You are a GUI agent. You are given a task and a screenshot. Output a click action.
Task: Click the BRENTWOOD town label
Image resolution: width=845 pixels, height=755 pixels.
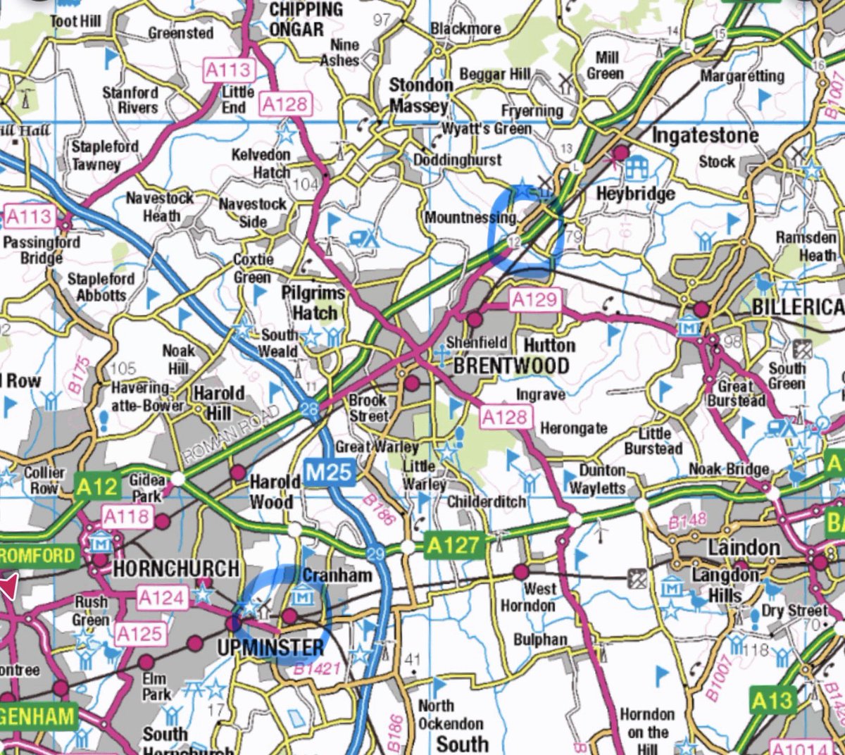[x=511, y=366]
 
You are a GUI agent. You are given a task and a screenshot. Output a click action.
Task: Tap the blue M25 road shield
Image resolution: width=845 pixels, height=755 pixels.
[x=329, y=472]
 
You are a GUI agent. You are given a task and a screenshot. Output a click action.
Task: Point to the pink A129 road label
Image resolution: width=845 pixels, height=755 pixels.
[x=534, y=299]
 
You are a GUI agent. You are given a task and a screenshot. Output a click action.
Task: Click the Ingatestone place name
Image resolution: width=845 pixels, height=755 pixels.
[x=705, y=135]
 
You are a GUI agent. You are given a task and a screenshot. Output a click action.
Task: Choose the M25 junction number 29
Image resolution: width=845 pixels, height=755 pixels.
[x=376, y=554]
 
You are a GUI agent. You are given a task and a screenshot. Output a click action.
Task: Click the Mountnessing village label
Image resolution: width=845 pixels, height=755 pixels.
[x=470, y=218]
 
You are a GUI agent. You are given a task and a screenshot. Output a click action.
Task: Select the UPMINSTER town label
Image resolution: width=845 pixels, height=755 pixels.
[x=270, y=647]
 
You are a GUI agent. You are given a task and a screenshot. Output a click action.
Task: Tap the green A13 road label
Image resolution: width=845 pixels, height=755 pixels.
[x=772, y=700]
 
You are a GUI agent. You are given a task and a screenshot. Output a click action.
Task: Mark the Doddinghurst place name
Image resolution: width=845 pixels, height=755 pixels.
[x=457, y=160]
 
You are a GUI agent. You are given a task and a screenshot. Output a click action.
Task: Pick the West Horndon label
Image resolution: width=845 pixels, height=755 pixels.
[x=528, y=597]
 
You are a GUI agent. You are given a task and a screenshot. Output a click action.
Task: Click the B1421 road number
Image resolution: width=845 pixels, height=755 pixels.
[x=317, y=668]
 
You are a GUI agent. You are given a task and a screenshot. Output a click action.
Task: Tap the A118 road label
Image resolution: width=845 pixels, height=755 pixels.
[x=126, y=518]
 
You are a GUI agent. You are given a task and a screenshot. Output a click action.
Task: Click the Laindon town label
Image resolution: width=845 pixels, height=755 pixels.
[x=744, y=547]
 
